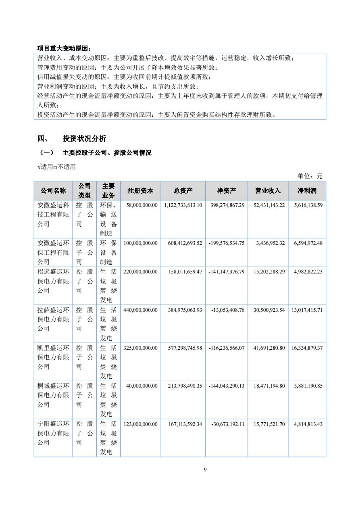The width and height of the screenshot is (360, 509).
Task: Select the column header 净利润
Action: click(x=307, y=191)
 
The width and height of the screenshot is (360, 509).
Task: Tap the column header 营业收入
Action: click(x=268, y=191)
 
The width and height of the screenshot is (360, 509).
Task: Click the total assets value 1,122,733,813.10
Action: click(x=183, y=205)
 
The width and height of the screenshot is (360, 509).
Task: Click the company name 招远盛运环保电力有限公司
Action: click(x=53, y=281)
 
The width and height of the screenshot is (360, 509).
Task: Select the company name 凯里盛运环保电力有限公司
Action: click(x=53, y=357)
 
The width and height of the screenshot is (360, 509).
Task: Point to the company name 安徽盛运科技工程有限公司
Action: click(x=53, y=215)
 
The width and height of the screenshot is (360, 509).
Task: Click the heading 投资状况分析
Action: click(x=84, y=139)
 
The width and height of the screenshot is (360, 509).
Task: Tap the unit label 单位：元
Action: click(x=310, y=176)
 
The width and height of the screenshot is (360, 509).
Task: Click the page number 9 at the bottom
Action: click(x=205, y=469)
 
